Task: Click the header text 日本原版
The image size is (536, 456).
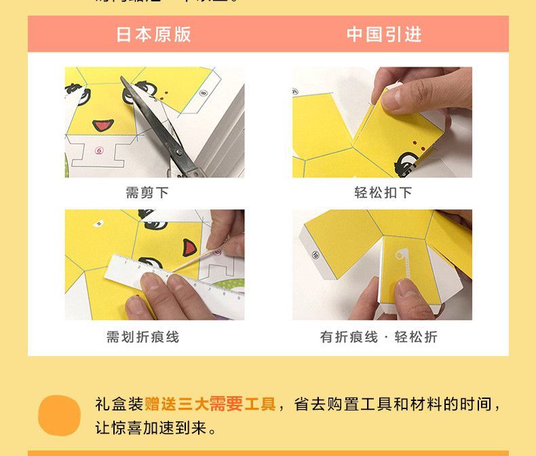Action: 153,35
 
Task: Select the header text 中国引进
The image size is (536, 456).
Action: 384,35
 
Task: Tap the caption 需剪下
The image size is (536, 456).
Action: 147,193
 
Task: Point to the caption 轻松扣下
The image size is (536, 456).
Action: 383,193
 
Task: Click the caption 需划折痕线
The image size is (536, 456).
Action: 142,337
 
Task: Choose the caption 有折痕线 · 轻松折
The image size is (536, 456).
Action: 379,337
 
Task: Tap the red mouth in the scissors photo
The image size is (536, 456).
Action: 103,125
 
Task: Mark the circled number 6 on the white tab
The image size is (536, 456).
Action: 99,151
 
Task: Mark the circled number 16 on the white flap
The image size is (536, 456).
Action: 315,255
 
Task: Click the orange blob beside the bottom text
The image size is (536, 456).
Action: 59,415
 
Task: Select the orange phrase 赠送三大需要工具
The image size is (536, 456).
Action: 210,405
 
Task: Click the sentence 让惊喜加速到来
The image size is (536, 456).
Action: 156,429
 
